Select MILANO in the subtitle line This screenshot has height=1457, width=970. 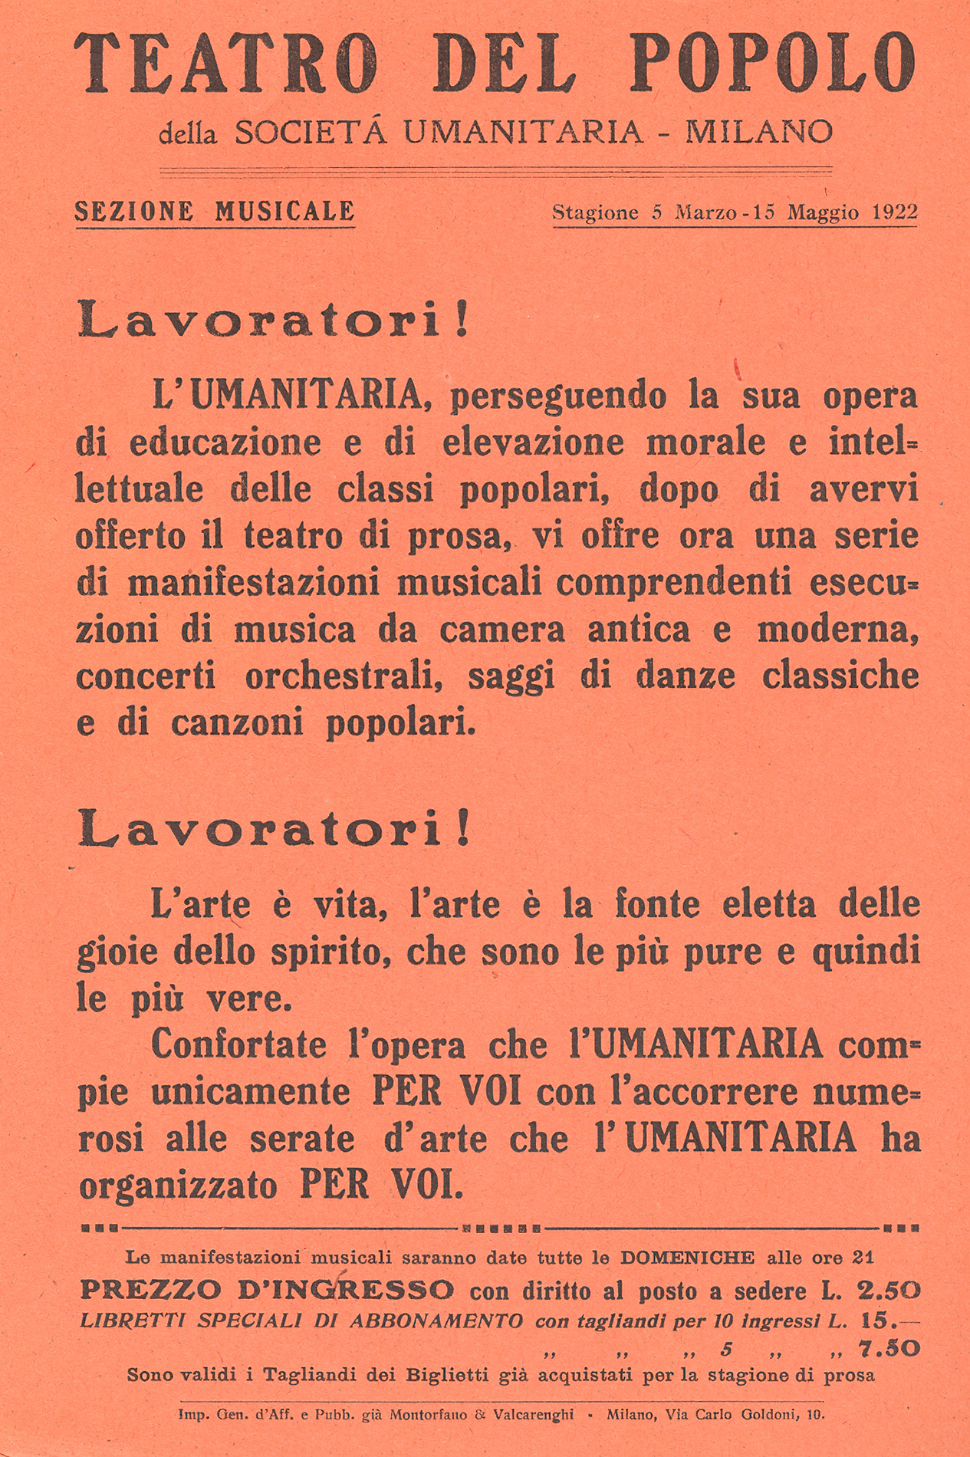click(x=758, y=132)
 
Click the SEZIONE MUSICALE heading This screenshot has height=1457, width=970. click(x=215, y=211)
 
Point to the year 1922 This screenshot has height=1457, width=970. click(x=894, y=212)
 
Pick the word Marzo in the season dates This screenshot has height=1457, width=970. click(x=705, y=212)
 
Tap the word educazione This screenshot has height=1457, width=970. click(x=225, y=443)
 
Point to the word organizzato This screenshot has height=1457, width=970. click(x=178, y=1186)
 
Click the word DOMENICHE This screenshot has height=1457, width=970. click(x=688, y=1258)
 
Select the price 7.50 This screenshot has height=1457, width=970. click(x=889, y=1349)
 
